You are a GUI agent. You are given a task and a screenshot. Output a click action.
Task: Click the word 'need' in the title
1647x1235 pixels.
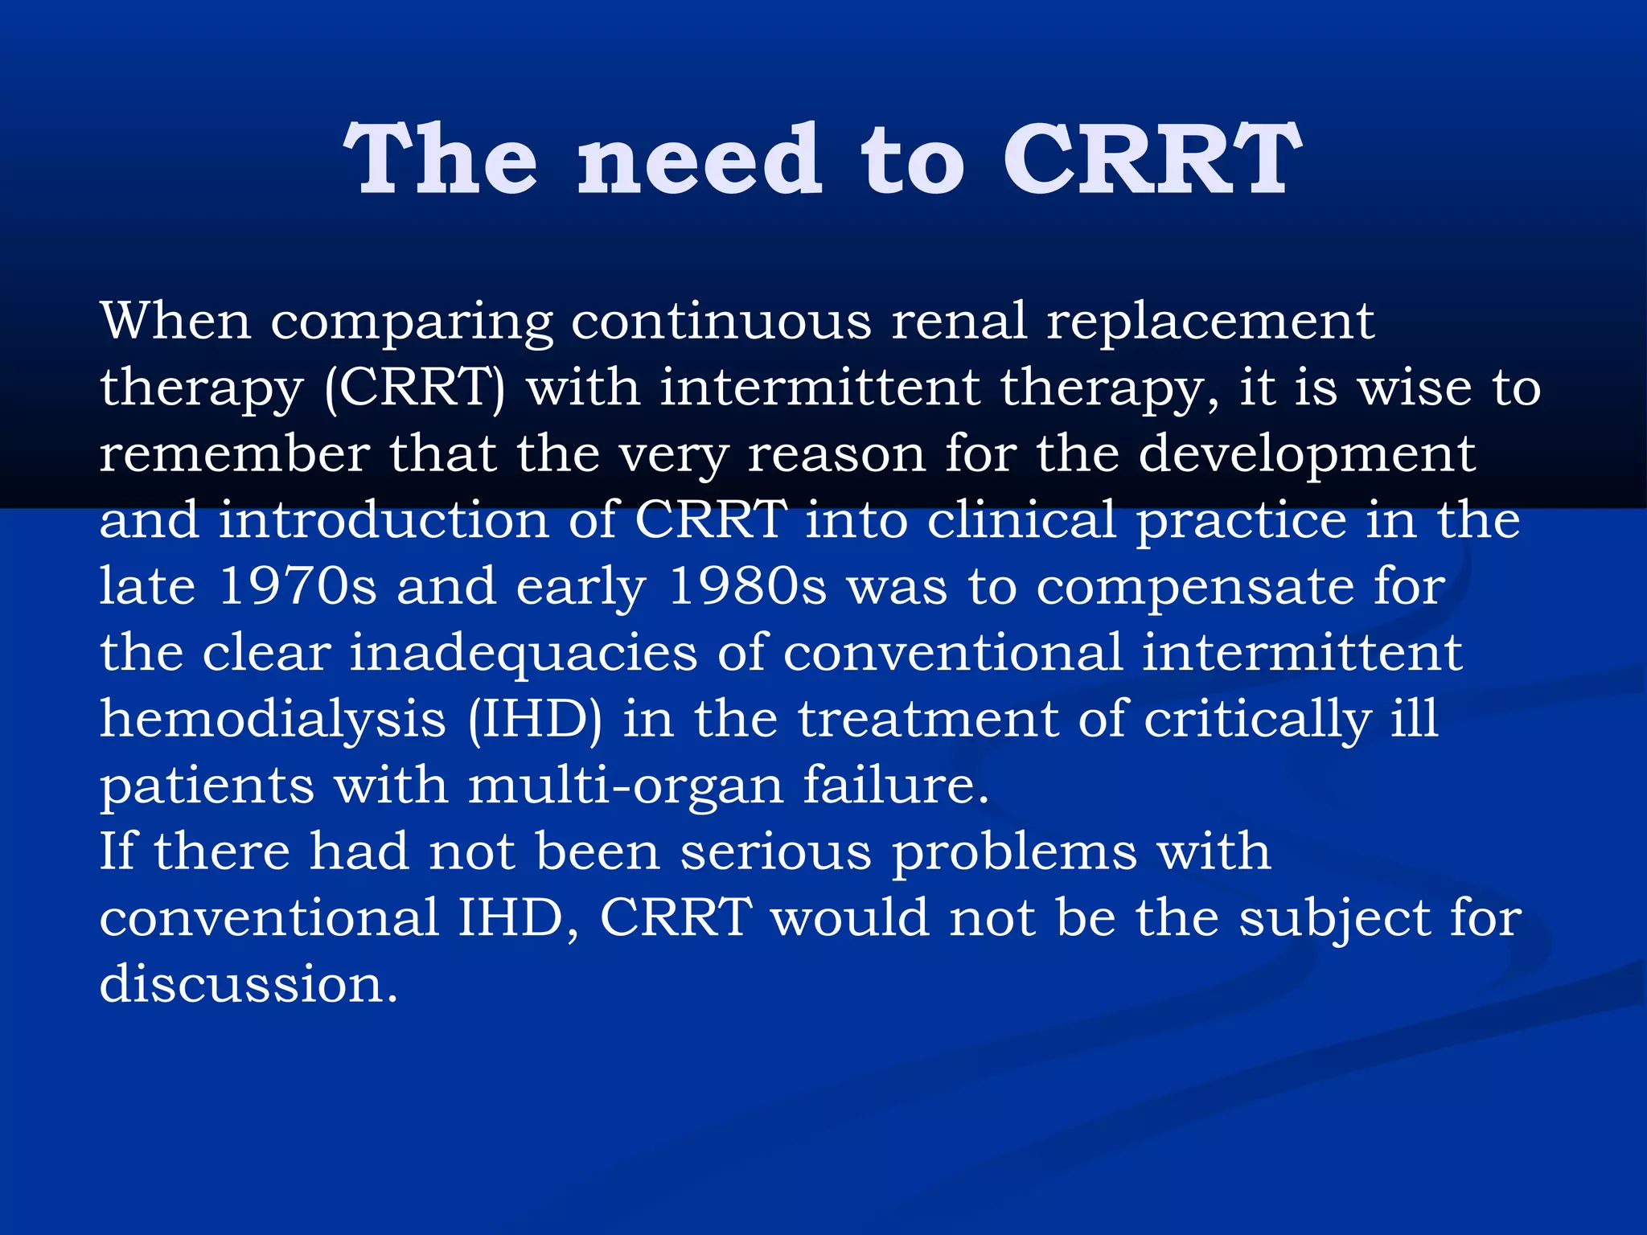point(699,161)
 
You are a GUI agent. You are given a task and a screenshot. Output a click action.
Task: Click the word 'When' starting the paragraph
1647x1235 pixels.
point(175,321)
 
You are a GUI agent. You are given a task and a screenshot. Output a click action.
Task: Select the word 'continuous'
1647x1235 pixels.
point(721,321)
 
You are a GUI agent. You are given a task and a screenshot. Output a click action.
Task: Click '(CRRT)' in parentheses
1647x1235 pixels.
point(415,389)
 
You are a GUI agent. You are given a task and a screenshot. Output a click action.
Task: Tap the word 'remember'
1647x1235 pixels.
point(234,454)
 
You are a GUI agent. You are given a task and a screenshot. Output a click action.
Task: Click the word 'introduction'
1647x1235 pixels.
point(384,520)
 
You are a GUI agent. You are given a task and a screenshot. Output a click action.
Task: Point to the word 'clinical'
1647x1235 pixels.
point(1021,520)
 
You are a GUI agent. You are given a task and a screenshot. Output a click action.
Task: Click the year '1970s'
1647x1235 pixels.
point(297,586)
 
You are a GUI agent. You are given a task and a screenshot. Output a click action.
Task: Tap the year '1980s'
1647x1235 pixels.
point(747,586)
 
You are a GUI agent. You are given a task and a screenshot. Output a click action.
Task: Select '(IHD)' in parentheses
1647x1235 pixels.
point(534,720)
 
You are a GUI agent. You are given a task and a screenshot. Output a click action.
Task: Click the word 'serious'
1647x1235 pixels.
point(775,851)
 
